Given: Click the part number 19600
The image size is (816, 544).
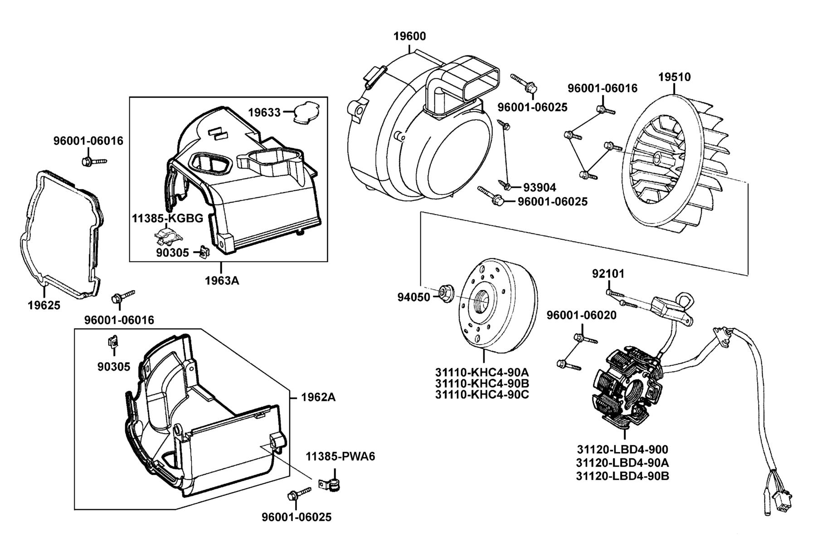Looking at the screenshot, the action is (x=409, y=36).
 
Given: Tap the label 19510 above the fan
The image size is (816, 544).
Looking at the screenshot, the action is (x=675, y=77).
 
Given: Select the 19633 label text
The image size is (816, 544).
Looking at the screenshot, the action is (x=264, y=112).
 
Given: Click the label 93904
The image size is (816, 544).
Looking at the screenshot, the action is (x=539, y=187).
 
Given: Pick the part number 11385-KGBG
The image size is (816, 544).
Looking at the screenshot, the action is (x=168, y=218).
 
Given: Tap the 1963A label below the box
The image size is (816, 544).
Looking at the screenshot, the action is (x=222, y=281).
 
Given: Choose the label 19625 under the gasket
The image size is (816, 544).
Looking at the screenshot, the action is (x=44, y=305).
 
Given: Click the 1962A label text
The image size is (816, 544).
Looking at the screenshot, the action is (x=319, y=397).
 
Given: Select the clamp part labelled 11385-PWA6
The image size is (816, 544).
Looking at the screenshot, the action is (x=330, y=486).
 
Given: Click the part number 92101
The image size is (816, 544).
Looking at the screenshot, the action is (x=608, y=274).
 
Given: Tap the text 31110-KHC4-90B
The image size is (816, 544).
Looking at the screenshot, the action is (x=482, y=383).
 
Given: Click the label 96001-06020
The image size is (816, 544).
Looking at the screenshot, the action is (x=582, y=315).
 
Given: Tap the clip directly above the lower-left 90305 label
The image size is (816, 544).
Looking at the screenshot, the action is (x=113, y=341).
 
